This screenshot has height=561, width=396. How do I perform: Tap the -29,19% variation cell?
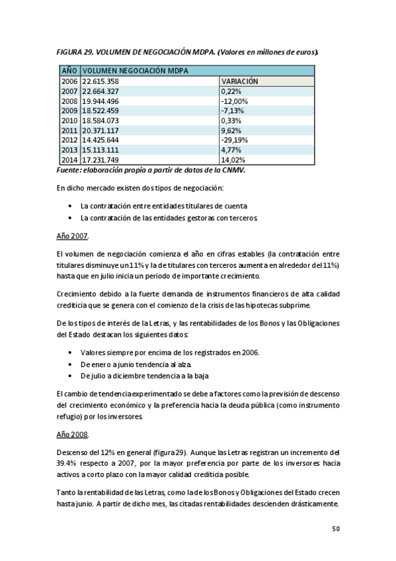(x=235, y=140)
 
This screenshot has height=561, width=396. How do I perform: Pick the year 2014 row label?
(x=69, y=160)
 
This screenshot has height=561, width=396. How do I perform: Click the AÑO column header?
(x=69, y=70)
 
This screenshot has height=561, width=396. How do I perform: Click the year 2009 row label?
(x=69, y=110)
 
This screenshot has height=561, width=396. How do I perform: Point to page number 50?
(x=335, y=529)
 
